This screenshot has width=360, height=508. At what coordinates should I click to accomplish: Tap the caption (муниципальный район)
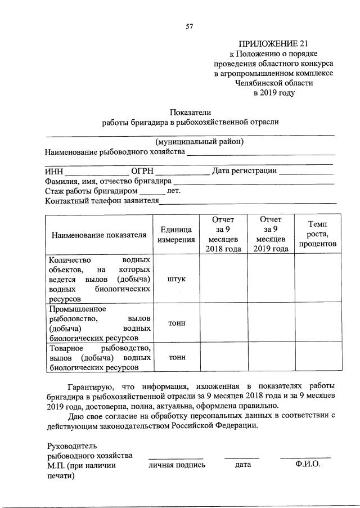(200, 142)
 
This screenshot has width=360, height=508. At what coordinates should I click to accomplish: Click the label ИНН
(54, 171)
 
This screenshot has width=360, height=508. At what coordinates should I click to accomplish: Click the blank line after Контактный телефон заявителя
(248, 201)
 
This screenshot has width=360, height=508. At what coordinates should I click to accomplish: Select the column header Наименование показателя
(100, 235)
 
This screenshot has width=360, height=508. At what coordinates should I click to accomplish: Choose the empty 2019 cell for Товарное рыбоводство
(271, 358)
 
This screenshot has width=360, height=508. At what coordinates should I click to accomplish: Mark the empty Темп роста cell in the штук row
(317, 279)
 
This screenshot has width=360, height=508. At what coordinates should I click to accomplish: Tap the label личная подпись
(177, 465)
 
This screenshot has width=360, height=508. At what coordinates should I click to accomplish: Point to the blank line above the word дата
(242, 457)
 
